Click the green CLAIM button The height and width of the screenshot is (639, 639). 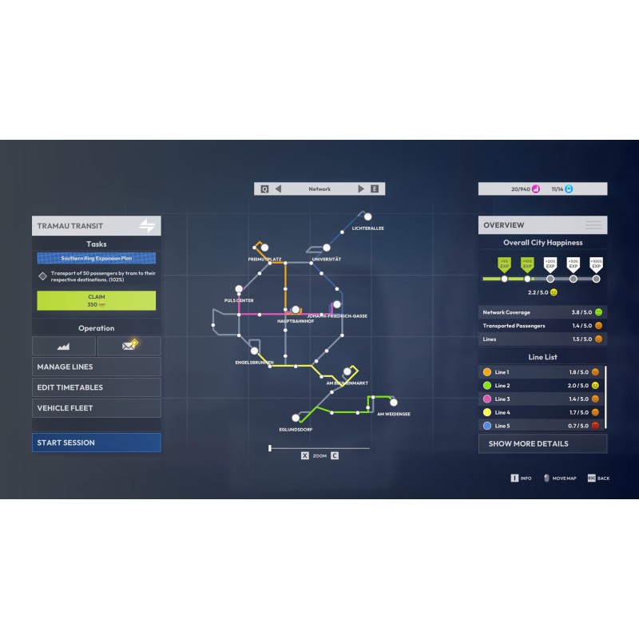click(96, 300)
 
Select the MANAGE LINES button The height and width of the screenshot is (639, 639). click(96, 367)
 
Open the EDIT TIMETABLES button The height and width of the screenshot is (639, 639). click(96, 387)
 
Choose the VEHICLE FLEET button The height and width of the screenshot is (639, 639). click(96, 408)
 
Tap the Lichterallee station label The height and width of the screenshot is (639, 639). click(367, 228)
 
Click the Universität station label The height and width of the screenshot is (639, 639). click(326, 260)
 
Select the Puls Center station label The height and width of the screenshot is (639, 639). click(239, 300)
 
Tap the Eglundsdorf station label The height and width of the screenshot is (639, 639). click(295, 430)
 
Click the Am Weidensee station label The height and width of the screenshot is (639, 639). click(393, 415)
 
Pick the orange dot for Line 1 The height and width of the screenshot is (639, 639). click(487, 372)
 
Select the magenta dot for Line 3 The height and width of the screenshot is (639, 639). click(487, 399)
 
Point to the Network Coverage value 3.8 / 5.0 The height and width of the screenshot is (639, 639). click(580, 312)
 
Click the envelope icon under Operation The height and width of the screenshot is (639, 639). click(129, 346)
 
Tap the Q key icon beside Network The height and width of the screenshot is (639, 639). click(264, 189)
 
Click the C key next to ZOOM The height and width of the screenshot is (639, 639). click(335, 455)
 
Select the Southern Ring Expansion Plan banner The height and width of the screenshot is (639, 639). click(96, 259)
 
